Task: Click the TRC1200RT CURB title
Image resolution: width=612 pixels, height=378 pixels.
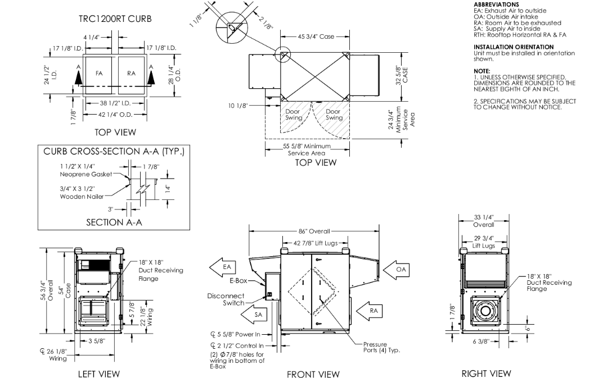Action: coord(115,19)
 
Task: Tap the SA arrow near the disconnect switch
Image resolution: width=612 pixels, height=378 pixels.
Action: coord(257,315)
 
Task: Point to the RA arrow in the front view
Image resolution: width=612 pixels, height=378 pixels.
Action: coord(371,310)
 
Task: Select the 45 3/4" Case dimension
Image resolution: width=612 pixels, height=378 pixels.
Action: coord(316,37)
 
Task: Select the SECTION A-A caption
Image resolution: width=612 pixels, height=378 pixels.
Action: coord(114,222)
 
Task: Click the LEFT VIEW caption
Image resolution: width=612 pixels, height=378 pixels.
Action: coord(99,373)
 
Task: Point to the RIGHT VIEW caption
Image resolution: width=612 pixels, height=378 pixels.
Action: coord(486,373)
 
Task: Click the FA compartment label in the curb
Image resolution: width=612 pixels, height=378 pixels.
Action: coord(99,73)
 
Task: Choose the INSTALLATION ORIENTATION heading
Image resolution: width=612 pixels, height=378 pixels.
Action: coord(513,47)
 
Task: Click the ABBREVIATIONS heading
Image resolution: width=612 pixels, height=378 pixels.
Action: coord(496,4)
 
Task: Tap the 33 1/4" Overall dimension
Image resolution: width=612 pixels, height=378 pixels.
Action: coord(484,221)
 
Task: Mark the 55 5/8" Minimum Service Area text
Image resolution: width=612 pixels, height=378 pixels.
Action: coord(307,149)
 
